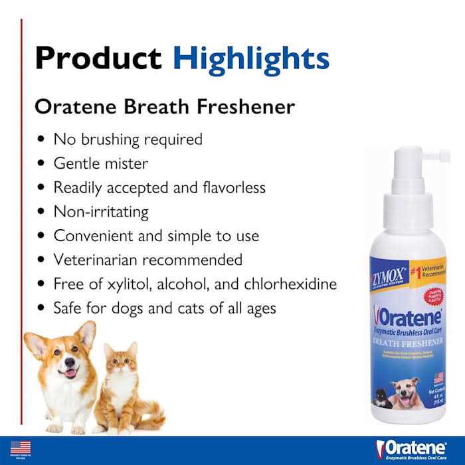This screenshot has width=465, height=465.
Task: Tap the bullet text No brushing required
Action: tap(128, 139)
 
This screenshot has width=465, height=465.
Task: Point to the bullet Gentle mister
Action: tap(101, 163)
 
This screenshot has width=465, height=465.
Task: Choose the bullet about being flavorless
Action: tap(159, 187)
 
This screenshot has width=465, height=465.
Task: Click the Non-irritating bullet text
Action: tap(101, 212)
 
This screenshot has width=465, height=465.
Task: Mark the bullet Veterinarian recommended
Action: tap(147, 260)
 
